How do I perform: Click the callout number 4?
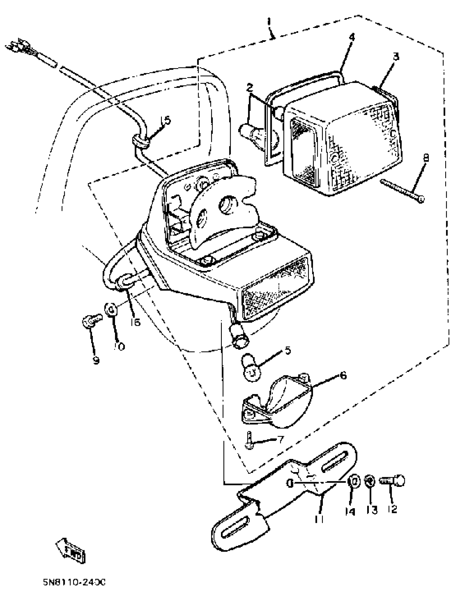(x=352, y=37)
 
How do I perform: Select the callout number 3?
(x=396, y=57)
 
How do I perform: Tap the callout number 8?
(x=426, y=158)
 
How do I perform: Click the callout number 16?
(x=135, y=322)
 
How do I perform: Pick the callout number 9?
(x=96, y=360)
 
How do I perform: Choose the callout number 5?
(x=288, y=350)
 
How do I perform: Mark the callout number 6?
(x=343, y=376)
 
